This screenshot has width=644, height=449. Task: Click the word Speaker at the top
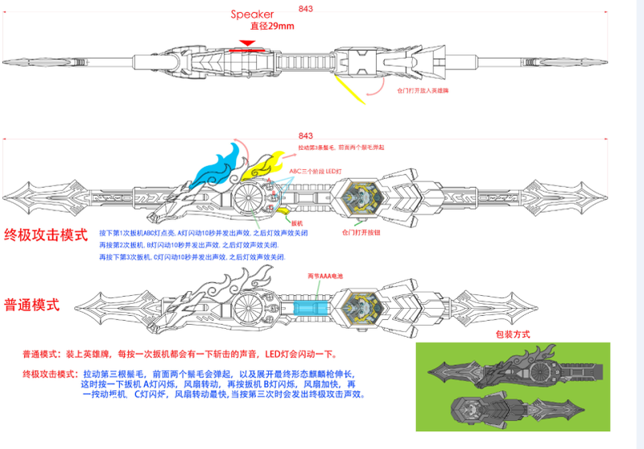click(252, 15)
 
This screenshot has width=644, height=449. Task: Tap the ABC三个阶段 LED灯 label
click(317, 171)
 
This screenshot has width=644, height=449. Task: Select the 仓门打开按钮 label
click(361, 232)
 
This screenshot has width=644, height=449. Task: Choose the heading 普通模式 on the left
click(32, 305)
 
